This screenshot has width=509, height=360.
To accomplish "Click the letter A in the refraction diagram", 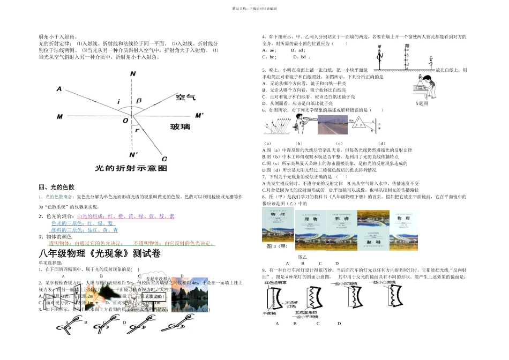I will coord(59,89).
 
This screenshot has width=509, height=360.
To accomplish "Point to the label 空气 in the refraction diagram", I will coord(186,97).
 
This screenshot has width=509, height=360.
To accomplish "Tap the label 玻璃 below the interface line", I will coord(181,126).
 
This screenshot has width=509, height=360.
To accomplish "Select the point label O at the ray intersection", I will coord(125,121).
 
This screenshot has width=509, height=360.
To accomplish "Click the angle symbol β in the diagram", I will coord(139,100).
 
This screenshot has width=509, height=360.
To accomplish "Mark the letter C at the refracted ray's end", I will coord(164,159).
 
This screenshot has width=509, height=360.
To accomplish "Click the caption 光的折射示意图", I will coord(131,168).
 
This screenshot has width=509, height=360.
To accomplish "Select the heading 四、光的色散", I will coord(57,187).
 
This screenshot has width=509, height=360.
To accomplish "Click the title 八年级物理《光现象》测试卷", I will coord(99,253).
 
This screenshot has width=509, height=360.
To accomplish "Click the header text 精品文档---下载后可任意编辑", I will coord(254,9).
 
